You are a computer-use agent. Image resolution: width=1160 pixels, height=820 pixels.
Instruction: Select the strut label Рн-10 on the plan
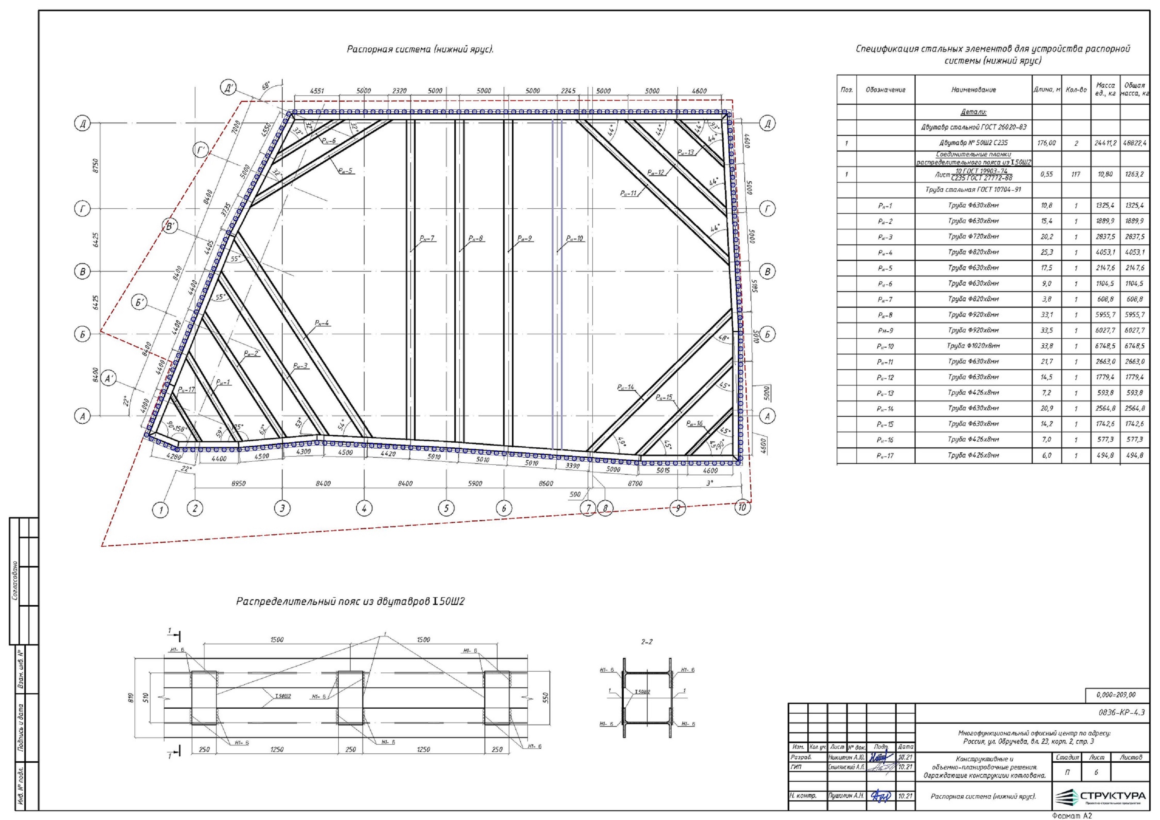(x=575, y=239)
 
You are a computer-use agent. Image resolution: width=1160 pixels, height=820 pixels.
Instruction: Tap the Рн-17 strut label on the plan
(x=186, y=390)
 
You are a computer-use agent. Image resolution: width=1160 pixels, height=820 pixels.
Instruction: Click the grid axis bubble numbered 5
(x=446, y=509)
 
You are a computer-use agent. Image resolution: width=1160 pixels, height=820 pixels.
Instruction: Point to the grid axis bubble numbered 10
(x=742, y=508)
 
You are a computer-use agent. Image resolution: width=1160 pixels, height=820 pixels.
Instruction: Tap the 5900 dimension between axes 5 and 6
(x=475, y=484)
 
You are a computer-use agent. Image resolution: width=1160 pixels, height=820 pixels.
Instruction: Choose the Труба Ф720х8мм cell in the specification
(x=973, y=237)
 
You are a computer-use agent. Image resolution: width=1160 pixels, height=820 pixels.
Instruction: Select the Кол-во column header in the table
(x=1076, y=90)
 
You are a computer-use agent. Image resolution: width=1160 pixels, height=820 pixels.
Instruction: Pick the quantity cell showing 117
(x=1076, y=175)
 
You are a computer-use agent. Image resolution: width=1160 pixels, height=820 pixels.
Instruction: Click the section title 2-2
(x=646, y=642)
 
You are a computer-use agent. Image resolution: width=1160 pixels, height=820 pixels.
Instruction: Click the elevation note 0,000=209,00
(x=1116, y=695)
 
